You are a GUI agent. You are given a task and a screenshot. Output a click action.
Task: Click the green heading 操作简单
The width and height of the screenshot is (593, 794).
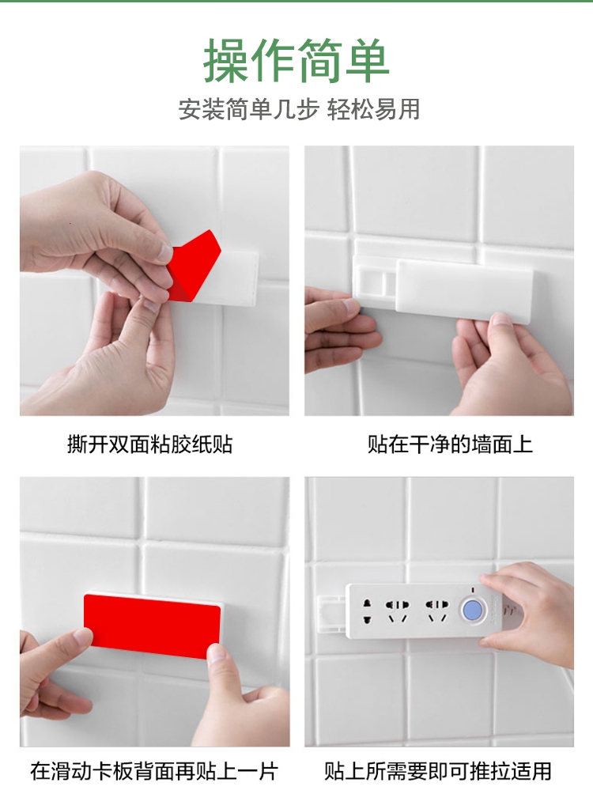click(x=296, y=61)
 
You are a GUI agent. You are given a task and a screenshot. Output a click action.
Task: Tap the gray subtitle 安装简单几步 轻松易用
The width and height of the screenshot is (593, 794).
click(x=299, y=109)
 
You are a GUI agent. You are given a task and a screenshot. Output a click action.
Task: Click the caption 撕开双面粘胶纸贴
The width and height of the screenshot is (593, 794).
click(x=150, y=444)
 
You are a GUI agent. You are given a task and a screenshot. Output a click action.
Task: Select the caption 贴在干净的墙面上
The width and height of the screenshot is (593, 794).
click(x=450, y=444)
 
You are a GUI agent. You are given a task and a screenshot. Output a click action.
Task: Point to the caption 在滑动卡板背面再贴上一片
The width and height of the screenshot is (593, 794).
click(x=154, y=771)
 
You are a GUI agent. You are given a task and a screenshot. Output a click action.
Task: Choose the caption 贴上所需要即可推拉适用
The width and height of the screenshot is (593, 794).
click(x=438, y=771)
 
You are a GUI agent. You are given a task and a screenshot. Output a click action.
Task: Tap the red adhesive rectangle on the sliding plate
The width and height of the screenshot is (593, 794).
click(x=152, y=626)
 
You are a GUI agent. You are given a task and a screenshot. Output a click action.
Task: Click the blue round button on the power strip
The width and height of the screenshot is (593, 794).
click(x=473, y=610)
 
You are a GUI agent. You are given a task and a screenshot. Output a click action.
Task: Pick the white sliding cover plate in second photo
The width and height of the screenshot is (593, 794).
click(x=464, y=286)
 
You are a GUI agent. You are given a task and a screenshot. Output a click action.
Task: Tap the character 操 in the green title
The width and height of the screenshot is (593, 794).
click(x=226, y=61)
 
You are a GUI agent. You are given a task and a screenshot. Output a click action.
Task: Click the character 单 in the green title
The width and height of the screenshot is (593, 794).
click(x=367, y=61)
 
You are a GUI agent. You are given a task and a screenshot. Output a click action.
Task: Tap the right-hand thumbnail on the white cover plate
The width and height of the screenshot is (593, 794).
click(x=500, y=319)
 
